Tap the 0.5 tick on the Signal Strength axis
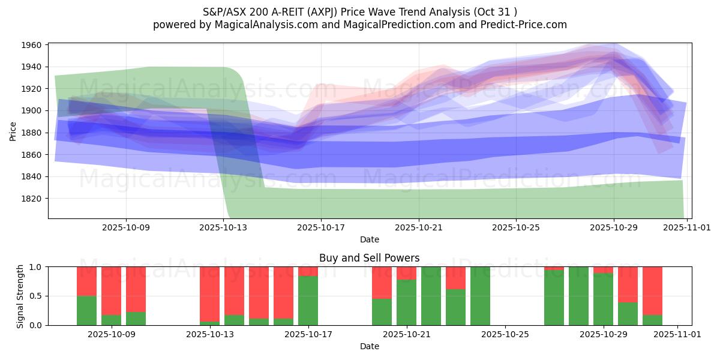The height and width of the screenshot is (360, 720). (x=35, y=296)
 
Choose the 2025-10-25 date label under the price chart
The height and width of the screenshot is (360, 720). (x=516, y=228)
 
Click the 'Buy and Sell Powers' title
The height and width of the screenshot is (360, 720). (x=370, y=259)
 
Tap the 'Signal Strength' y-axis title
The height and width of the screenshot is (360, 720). (x=20, y=296)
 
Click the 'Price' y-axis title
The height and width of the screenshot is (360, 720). (x=13, y=131)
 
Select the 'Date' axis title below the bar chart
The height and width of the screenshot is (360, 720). (x=370, y=346)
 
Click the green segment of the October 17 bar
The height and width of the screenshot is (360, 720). (x=308, y=301)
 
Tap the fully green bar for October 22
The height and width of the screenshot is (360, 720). (x=431, y=296)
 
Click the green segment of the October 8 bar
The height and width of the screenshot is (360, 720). (x=86, y=311)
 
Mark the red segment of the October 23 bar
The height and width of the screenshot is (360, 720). (x=455, y=278)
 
